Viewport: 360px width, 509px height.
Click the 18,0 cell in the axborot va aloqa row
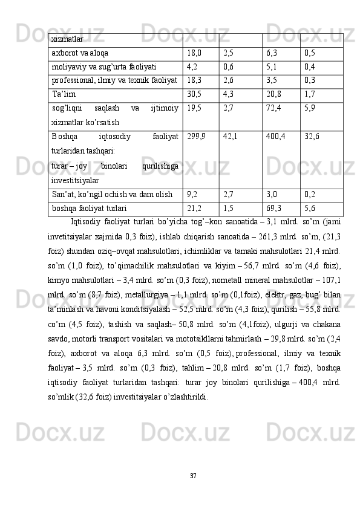(194, 53)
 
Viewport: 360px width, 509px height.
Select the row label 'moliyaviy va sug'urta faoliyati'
(104, 66)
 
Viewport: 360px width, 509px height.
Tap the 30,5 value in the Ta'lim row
(194, 94)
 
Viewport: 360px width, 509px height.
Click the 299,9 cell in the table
(197, 136)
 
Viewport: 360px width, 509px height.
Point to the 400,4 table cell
(276, 136)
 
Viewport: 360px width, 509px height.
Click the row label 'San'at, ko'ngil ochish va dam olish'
(111, 195)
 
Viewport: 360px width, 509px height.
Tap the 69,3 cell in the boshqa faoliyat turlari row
(273, 209)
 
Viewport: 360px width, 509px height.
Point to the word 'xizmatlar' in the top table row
(68, 39)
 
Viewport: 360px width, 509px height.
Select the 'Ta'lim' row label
(64, 94)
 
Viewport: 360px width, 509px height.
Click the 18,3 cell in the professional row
(194, 80)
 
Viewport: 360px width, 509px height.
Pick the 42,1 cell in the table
(230, 136)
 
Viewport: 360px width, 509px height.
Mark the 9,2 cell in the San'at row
(192, 195)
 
